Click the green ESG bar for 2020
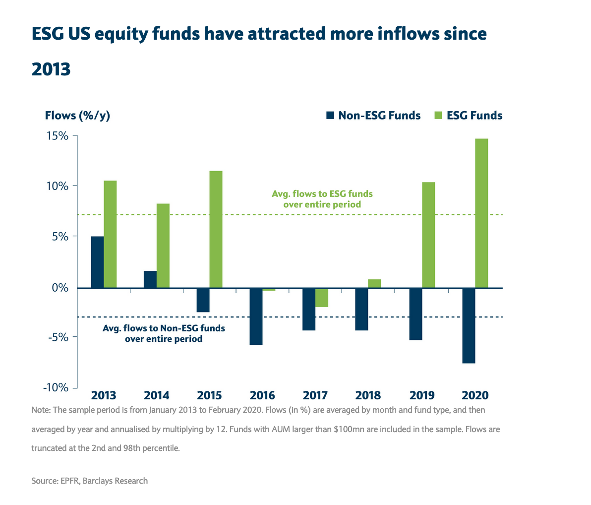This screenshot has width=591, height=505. click(481, 213)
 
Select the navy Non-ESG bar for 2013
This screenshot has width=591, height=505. click(97, 262)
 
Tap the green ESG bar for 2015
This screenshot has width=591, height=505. click(216, 229)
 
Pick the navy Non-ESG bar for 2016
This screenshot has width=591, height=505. click(256, 316)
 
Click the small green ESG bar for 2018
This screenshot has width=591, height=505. click(374, 283)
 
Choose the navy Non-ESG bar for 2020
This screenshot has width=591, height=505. click(469, 325)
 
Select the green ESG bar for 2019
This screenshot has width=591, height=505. click(428, 235)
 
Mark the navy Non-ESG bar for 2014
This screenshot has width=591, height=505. click(150, 279)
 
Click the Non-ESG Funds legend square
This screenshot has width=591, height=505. click(330, 116)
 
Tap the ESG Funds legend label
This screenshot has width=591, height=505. click(474, 116)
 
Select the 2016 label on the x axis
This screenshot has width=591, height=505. click(262, 395)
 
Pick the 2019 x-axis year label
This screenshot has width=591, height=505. click(422, 395)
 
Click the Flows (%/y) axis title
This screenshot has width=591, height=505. click(77, 116)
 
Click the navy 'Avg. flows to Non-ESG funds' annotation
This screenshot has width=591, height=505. click(164, 334)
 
